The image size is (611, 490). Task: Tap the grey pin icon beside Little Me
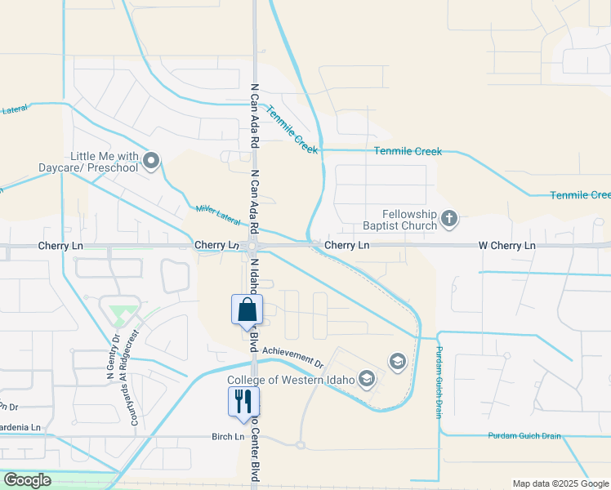point(151,160)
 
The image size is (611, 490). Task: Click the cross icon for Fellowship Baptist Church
point(448,218)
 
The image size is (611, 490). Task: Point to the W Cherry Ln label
point(506,245)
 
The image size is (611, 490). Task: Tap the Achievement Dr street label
point(305,358)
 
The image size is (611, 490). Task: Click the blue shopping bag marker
point(247,310)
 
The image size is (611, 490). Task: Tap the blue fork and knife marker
point(243,401)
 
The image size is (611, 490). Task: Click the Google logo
point(27,480)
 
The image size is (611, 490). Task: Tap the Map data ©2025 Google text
point(560,483)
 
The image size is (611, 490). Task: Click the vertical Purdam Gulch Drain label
point(439,382)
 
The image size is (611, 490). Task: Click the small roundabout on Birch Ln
point(301,445)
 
